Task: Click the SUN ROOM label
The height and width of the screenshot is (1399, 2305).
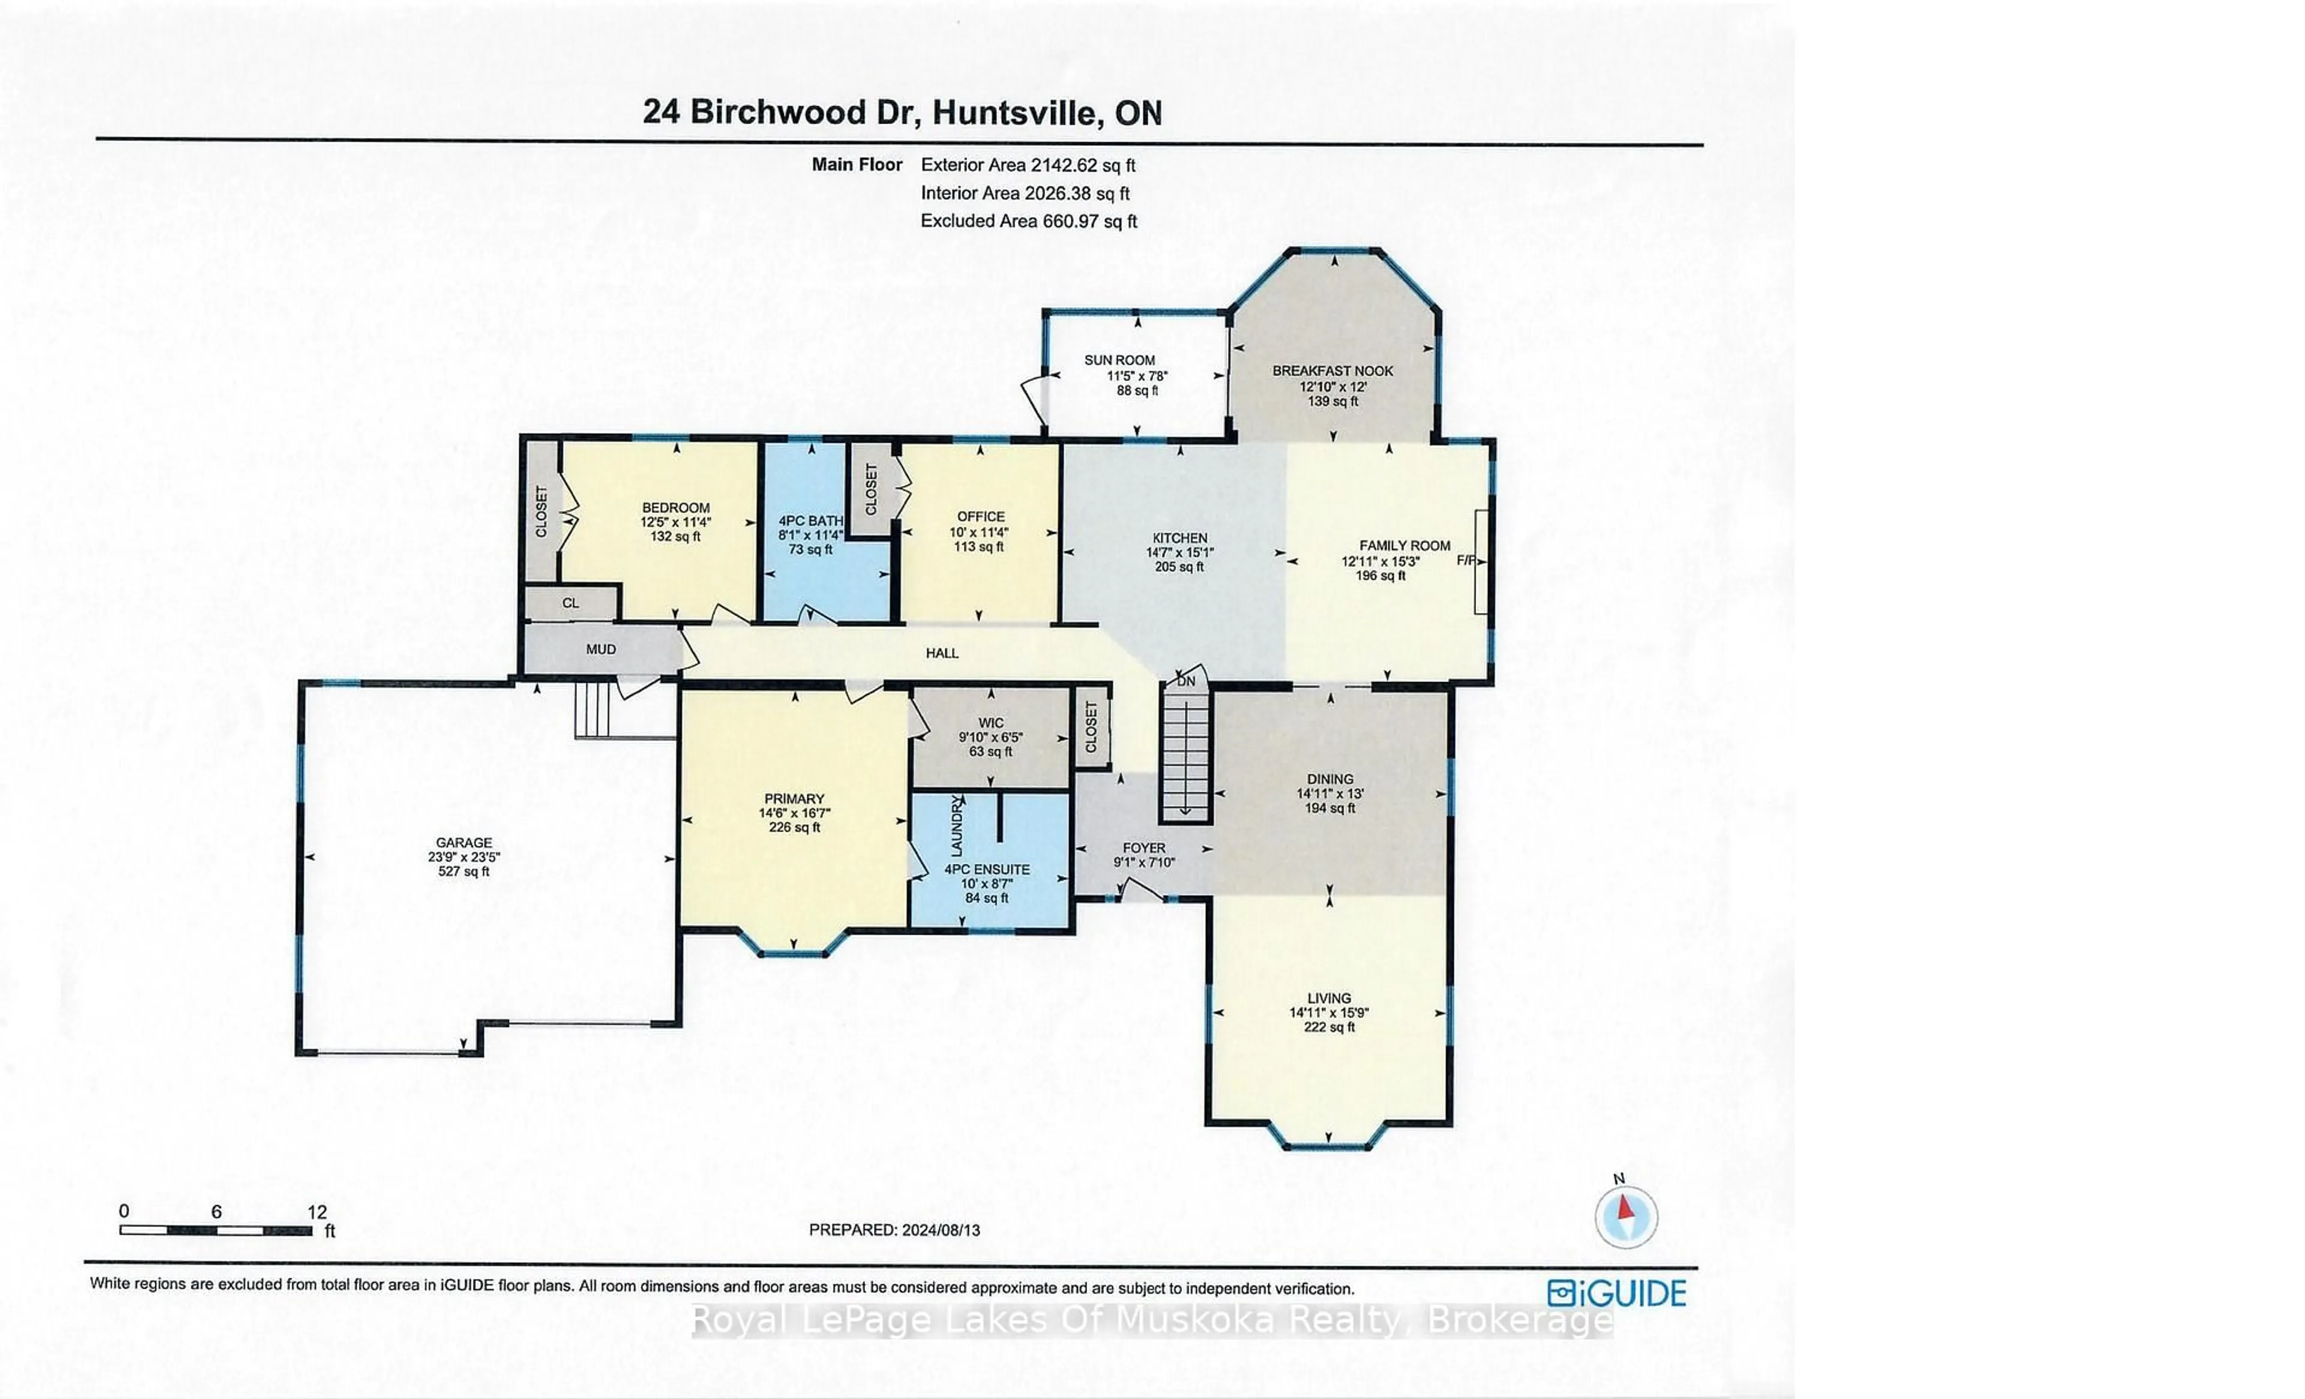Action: [1119, 360]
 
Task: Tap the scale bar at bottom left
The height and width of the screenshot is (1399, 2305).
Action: [216, 1230]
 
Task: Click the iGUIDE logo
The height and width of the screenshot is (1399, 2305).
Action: [1617, 1293]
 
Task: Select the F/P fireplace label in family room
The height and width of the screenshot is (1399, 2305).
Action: [1466, 561]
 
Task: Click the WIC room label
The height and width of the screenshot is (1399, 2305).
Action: [990, 723]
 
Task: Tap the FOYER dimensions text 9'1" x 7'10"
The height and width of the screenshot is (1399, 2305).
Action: [1144, 862]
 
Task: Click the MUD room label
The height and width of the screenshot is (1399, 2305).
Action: [601, 649]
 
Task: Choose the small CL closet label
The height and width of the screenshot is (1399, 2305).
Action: [571, 603]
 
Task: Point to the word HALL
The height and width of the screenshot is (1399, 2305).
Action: [942, 653]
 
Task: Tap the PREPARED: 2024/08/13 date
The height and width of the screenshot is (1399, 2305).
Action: [894, 1230]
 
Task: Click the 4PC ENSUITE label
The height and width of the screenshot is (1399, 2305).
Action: [987, 869]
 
